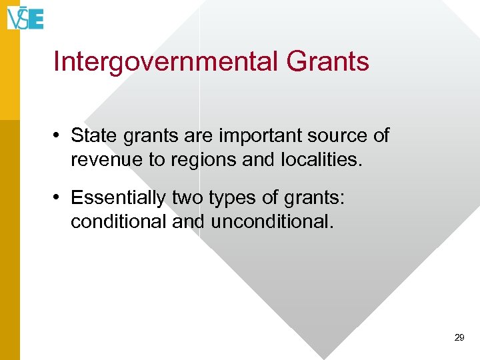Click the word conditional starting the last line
[x=118, y=221]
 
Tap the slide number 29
[x=459, y=338]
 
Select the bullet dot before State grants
[x=59, y=136]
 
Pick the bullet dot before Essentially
[x=59, y=198]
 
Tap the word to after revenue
[x=159, y=160]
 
